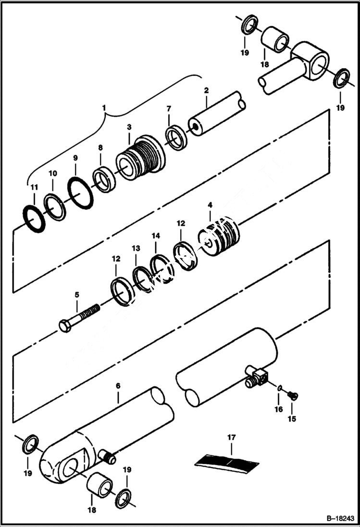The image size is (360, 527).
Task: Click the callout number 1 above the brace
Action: pos(105,107)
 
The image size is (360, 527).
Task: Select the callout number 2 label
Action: pos(206,90)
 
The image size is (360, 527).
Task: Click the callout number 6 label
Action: pos(118,385)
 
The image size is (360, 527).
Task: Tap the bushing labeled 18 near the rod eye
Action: pos(275,40)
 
